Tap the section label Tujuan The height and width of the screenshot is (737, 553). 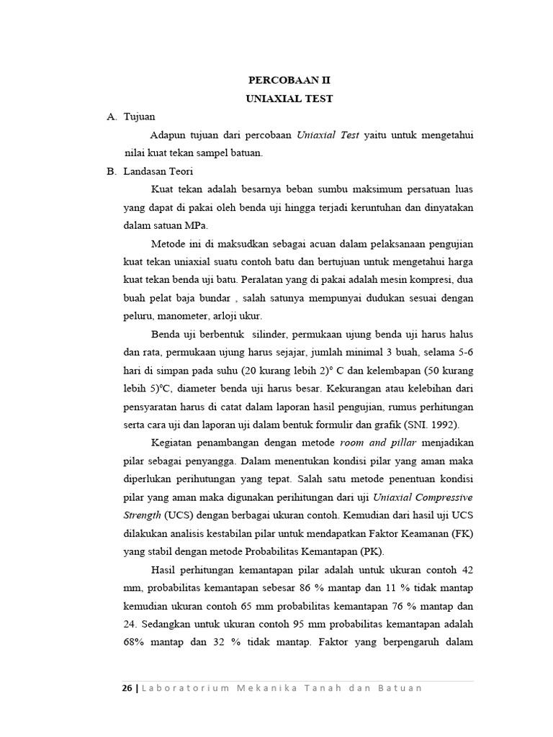(x=140, y=117)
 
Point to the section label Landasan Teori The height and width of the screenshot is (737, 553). (x=153, y=171)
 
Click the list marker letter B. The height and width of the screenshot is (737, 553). (x=110, y=171)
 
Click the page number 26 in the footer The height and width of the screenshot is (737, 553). (x=126, y=688)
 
